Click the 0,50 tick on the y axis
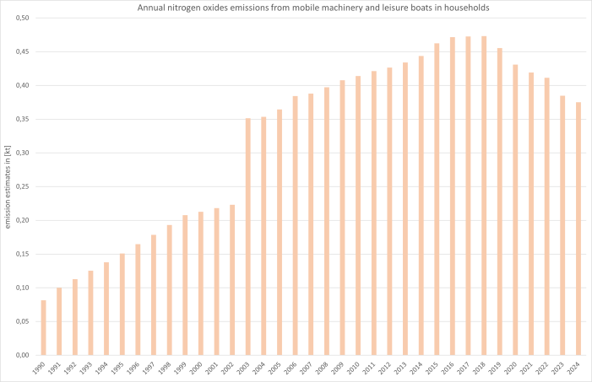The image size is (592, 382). click(22, 18)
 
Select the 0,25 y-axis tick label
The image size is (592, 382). click(22, 186)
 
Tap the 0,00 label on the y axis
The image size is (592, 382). click(22, 355)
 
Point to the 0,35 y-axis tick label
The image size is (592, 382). click(22, 119)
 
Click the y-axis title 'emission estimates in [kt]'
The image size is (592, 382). click(7, 186)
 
